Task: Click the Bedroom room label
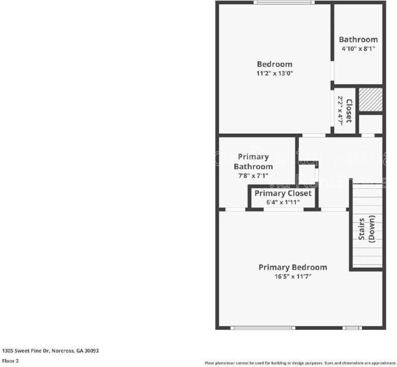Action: click(x=274, y=64)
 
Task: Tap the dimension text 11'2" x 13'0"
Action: click(x=275, y=74)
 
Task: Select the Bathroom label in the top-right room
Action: click(x=358, y=40)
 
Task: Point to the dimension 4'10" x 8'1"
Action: click(x=358, y=49)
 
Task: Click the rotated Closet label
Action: click(x=349, y=111)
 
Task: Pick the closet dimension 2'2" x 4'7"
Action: click(x=340, y=109)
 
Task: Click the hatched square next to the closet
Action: click(x=370, y=99)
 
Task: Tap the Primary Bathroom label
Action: click(x=253, y=162)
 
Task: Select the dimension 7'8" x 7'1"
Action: click(x=253, y=176)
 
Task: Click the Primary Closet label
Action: click(x=283, y=194)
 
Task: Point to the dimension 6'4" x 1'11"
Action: click(x=283, y=202)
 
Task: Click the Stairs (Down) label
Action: click(x=367, y=228)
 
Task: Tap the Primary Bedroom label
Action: click(x=292, y=267)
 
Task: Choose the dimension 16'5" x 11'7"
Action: click(x=292, y=276)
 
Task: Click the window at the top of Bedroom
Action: click(x=283, y=3)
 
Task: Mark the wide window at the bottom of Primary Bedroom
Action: click(x=262, y=327)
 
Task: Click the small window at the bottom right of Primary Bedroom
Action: click(x=352, y=327)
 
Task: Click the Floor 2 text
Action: click(x=10, y=361)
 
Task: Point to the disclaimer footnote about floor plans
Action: click(x=300, y=362)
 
